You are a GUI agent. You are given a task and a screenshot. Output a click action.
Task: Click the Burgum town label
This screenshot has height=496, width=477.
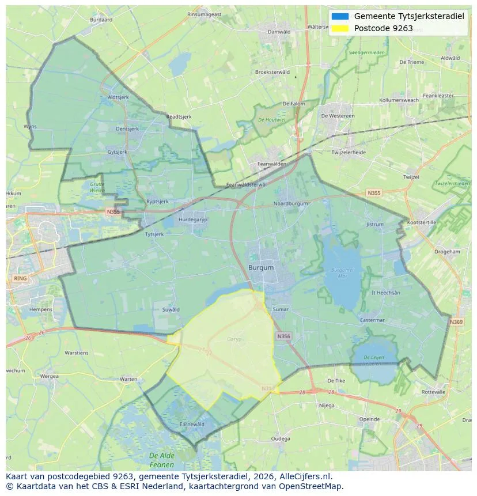[x=261, y=268]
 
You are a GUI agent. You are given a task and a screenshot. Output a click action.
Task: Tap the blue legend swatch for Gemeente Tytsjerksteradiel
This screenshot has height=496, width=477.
[x=340, y=16]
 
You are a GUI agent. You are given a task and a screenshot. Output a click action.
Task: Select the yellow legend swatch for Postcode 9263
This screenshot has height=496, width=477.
[x=340, y=28]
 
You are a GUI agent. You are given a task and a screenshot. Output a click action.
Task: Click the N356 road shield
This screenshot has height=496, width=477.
[x=283, y=336]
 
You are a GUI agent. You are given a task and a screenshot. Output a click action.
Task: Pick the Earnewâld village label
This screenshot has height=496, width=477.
[x=192, y=424]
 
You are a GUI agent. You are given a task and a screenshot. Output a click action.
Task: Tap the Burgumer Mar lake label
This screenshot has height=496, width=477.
[x=343, y=272]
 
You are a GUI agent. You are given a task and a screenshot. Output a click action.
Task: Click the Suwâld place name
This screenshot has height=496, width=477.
[x=171, y=309]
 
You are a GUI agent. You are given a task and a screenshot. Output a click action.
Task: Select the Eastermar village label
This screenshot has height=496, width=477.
[x=372, y=320]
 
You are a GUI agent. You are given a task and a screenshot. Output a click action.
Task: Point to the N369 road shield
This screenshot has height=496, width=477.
[x=456, y=322]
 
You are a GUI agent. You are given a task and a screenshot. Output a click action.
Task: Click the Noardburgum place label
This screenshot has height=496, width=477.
[x=291, y=203]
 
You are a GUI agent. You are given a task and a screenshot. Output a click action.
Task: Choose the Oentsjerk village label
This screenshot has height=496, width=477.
[x=128, y=129]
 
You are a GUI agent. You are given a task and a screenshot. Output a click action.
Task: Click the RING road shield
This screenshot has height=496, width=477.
[x=20, y=278]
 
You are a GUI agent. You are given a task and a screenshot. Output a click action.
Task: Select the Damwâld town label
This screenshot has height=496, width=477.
[x=279, y=32]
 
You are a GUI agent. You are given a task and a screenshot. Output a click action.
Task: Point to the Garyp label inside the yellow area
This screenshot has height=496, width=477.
[x=234, y=339]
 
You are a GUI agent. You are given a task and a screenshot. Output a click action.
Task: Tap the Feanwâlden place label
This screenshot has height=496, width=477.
[x=272, y=164]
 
